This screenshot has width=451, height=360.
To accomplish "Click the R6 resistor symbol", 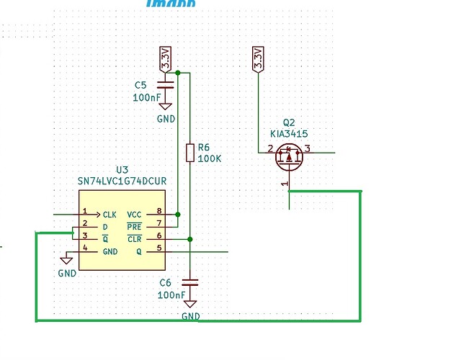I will (x=189, y=153).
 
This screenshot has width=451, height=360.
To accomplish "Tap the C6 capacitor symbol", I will (x=190, y=282).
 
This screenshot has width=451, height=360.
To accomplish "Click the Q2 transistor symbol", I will (x=289, y=156).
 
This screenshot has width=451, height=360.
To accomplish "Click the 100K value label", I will (x=209, y=158).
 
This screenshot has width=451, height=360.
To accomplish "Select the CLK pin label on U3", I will (x=110, y=215).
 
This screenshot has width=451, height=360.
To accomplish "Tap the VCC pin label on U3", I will (x=135, y=215).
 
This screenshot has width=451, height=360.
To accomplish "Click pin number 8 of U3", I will (x=159, y=212).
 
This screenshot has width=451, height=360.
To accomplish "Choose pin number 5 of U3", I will (x=159, y=248).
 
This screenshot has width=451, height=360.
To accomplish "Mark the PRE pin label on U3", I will (x=135, y=226).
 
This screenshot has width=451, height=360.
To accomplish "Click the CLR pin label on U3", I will (x=135, y=238).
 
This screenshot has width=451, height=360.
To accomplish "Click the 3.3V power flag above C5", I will (x=166, y=57).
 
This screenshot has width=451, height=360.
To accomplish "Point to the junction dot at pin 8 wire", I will (x=177, y=215).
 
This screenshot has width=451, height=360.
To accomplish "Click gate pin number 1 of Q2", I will (x=285, y=184).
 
